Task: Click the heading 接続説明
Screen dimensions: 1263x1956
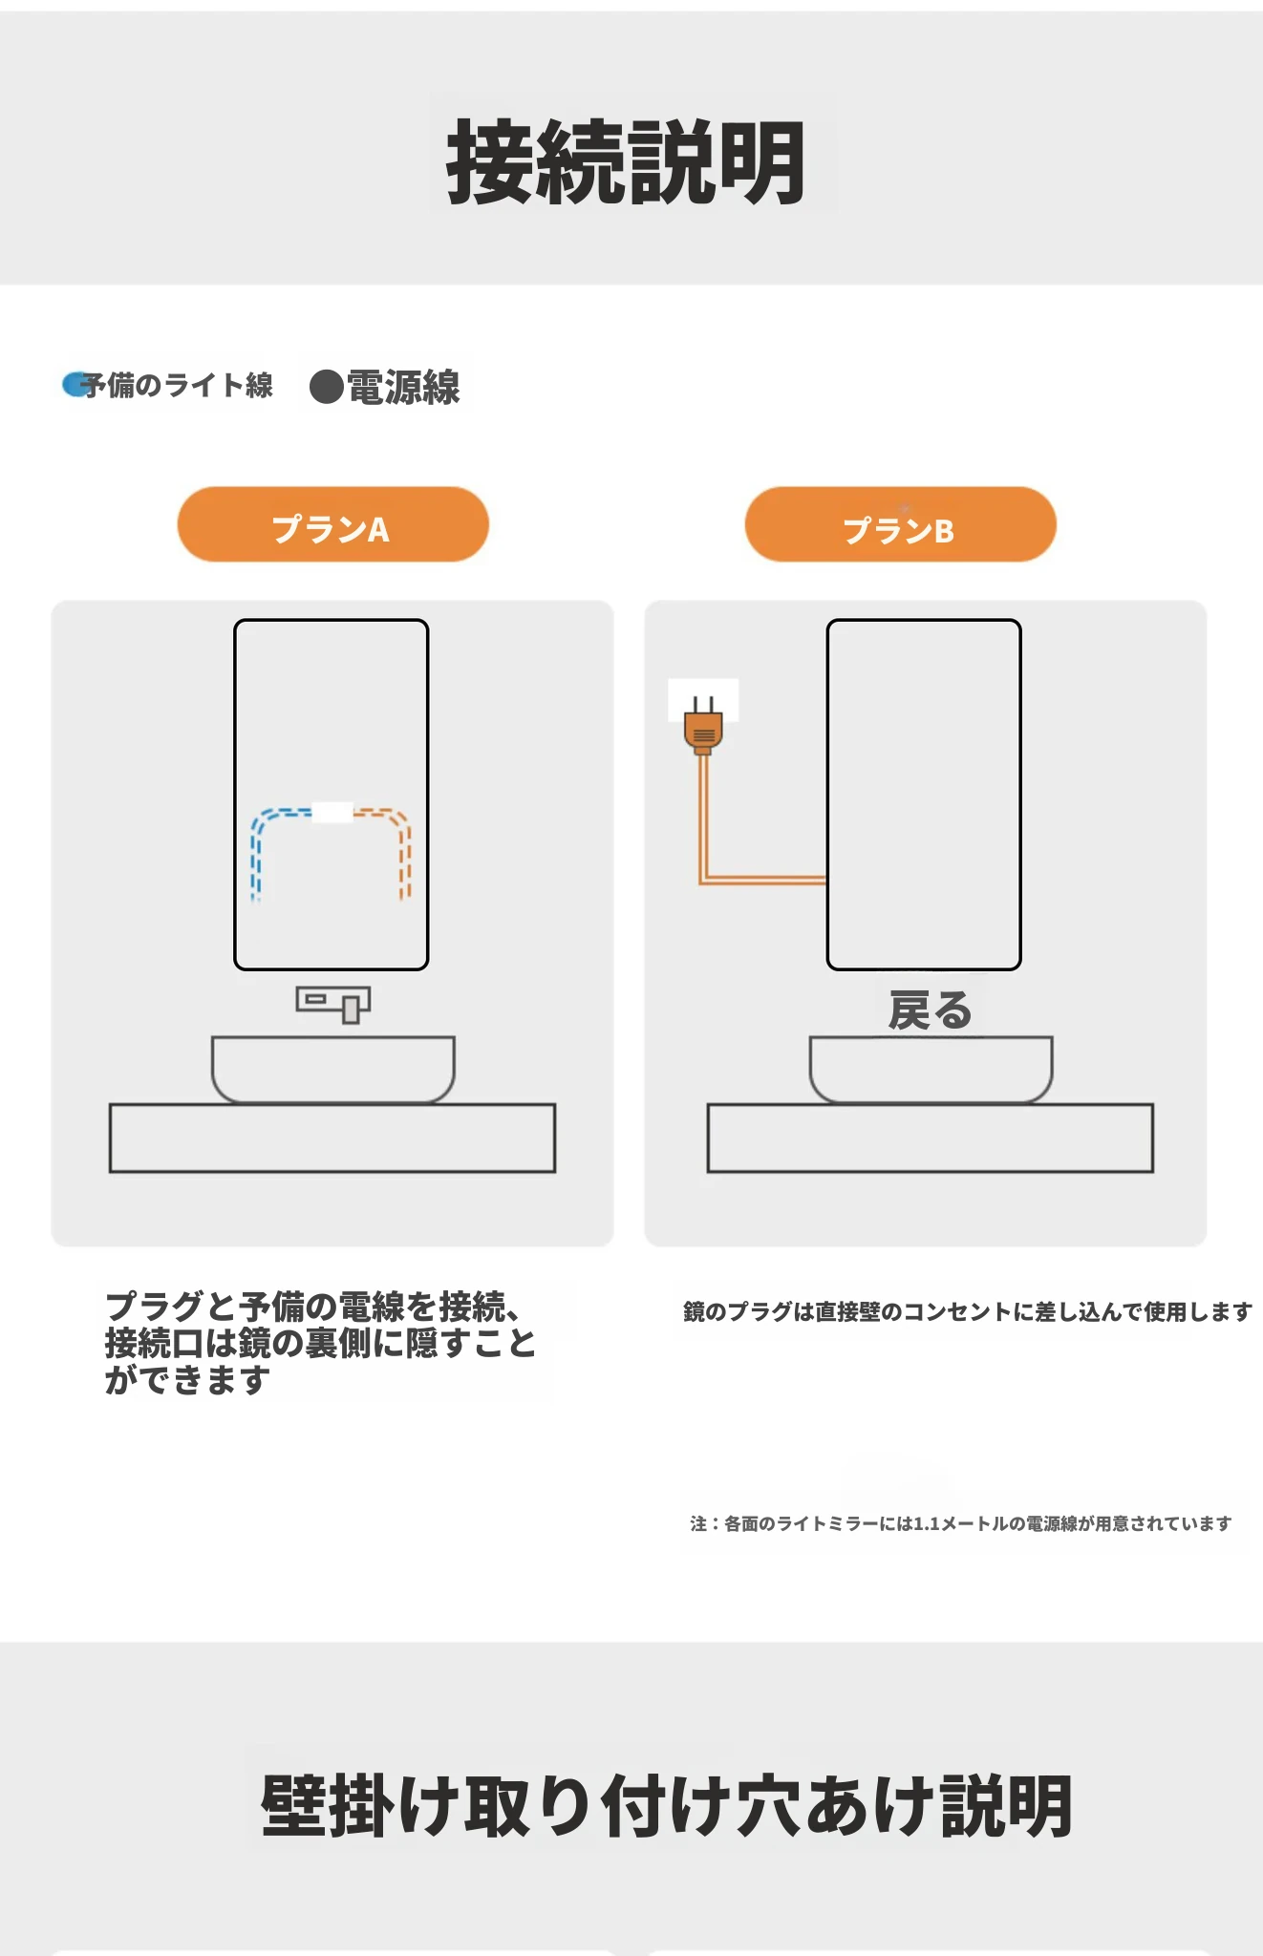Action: click(x=626, y=161)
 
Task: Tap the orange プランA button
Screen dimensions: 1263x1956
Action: click(x=332, y=524)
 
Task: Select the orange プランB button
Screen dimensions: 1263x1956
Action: click(x=900, y=524)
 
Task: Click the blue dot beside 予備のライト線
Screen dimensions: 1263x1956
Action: click(x=75, y=384)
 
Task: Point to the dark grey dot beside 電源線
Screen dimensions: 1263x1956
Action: click(x=327, y=387)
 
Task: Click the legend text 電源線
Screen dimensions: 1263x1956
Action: click(x=403, y=387)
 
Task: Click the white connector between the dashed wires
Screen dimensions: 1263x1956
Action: click(x=332, y=812)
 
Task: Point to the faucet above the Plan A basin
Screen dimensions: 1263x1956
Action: click(x=332, y=1004)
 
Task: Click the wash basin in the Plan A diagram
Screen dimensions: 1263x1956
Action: click(x=332, y=1069)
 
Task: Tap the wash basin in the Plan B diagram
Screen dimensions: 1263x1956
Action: click(x=931, y=1069)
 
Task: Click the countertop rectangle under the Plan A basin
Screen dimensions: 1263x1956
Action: click(x=332, y=1137)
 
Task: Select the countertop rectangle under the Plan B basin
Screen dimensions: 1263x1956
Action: click(x=931, y=1137)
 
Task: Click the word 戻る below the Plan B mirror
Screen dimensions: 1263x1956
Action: click(x=930, y=1010)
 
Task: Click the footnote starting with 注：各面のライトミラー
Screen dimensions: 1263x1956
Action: click(x=961, y=1523)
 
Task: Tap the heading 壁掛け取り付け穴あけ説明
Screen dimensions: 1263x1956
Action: click(x=666, y=1805)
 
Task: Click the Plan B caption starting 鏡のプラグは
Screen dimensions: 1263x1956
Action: click(x=967, y=1311)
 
